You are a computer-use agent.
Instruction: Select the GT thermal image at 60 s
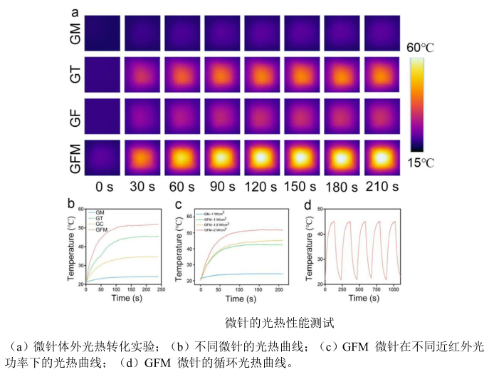pos(182,75)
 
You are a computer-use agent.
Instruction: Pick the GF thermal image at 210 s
pos(382,115)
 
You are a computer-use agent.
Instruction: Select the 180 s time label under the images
pos(342,187)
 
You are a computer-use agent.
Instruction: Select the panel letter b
pos(71,205)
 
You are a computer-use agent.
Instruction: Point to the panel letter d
pos(307,205)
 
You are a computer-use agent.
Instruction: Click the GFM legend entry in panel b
pos(100,230)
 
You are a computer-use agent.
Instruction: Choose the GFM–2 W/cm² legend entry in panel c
pos(216,231)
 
